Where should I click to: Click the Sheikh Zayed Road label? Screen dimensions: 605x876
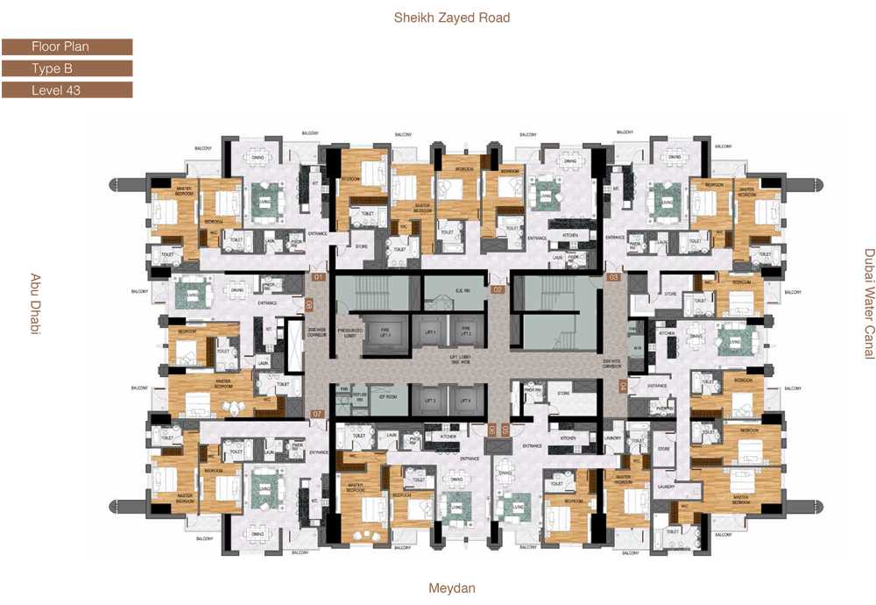pos(451,18)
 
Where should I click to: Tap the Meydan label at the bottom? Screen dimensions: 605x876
pos(451,588)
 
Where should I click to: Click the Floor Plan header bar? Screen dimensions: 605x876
pos(67,47)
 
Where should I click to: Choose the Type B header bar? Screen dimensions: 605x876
pos(67,68)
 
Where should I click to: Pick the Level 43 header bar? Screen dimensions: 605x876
pos(67,89)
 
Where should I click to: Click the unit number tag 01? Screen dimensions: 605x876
pos(319,278)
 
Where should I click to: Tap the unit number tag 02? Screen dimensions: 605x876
pos(498,288)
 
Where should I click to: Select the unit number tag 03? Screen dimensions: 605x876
pos(613,278)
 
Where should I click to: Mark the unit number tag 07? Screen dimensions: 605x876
pos(318,413)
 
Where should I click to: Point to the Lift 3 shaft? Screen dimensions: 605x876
pos(430,400)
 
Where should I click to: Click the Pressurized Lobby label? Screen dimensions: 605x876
pos(350,334)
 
